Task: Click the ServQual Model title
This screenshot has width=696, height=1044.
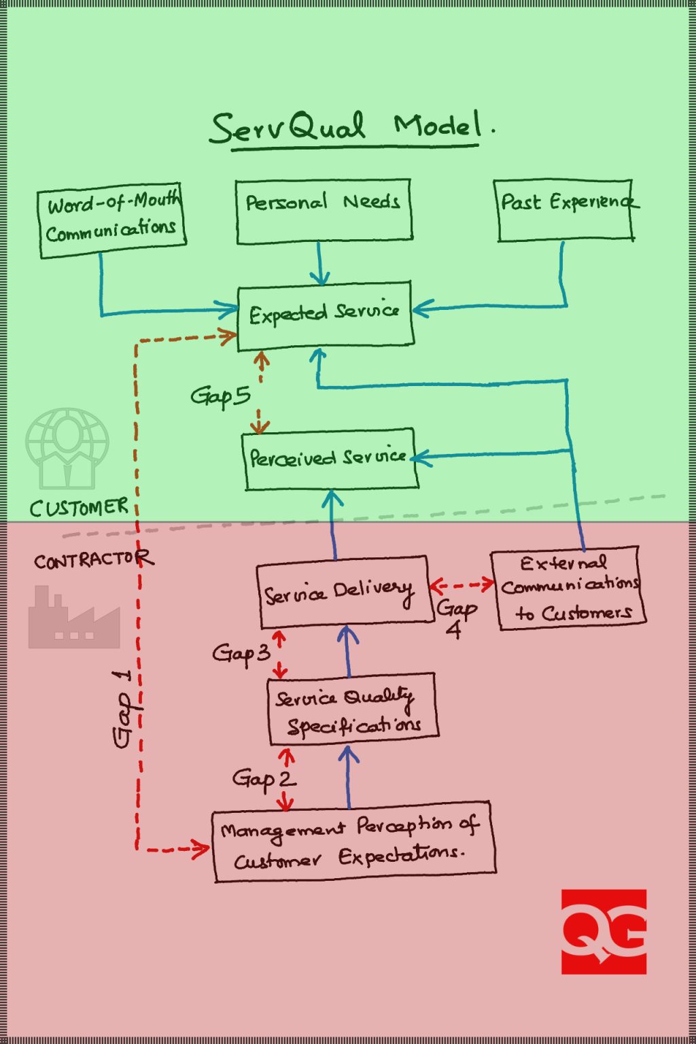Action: [350, 128]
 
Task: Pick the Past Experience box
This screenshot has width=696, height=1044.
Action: [565, 209]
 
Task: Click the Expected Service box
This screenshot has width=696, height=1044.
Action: [325, 315]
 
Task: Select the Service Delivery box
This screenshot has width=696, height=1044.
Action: [343, 591]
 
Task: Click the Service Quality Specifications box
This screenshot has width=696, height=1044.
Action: [351, 709]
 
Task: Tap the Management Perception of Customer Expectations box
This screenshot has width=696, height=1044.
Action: [353, 841]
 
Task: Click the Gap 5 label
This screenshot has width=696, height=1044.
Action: [220, 396]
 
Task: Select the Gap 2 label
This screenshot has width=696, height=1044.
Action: [264, 778]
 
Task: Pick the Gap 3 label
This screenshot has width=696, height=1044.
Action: [241, 654]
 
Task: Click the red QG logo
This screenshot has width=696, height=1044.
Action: [604, 931]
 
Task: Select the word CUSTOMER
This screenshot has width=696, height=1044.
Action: [79, 507]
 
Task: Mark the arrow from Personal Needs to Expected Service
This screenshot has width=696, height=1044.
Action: [319, 264]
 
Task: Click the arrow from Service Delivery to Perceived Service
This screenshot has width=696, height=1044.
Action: [333, 523]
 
